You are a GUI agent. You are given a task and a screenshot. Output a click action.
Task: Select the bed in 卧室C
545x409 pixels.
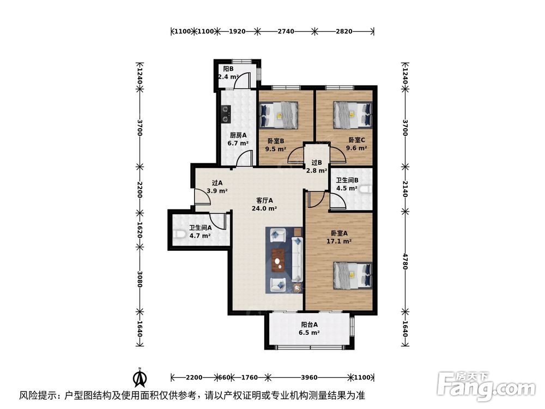click(x=353, y=115)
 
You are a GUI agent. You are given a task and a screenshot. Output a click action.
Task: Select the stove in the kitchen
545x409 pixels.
click(x=226, y=113)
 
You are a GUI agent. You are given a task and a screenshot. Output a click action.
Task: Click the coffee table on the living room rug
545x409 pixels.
click(x=280, y=258)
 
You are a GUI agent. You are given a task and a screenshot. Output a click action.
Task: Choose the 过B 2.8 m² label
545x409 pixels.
click(x=316, y=166)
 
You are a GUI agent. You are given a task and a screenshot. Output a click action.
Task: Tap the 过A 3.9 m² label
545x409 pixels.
click(x=217, y=188)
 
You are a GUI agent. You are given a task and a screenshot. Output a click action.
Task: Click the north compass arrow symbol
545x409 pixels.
click(x=140, y=376)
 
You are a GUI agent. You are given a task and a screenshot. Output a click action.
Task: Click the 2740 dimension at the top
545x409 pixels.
click(x=286, y=31)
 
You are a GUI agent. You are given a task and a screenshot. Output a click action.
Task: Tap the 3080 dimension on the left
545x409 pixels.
click(x=140, y=280)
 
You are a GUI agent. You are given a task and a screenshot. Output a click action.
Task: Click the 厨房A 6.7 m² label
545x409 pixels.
click(x=238, y=140)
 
